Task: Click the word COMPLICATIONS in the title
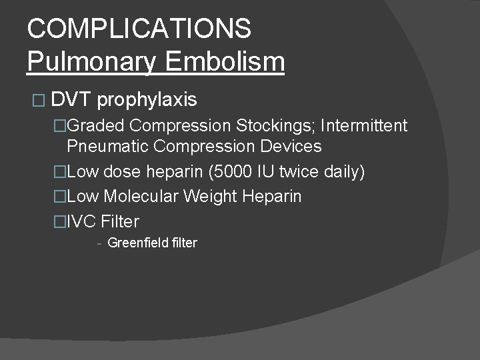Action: [x=139, y=28]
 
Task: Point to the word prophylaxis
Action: [x=147, y=101]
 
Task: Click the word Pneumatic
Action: [x=107, y=147]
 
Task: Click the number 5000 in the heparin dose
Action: [x=231, y=172]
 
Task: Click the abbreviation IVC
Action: [x=82, y=221]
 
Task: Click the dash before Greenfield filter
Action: [x=99, y=243]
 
